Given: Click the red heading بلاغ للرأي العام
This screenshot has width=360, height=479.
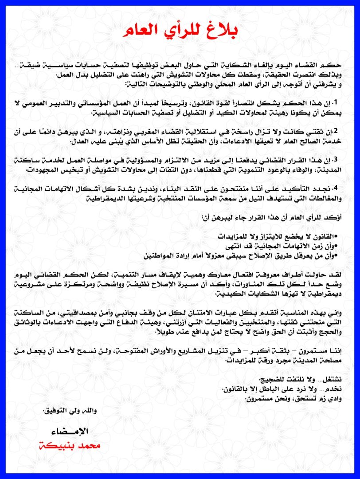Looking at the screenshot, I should point(180,30).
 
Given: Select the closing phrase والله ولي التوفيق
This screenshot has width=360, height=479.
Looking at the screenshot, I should point(70,411).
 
